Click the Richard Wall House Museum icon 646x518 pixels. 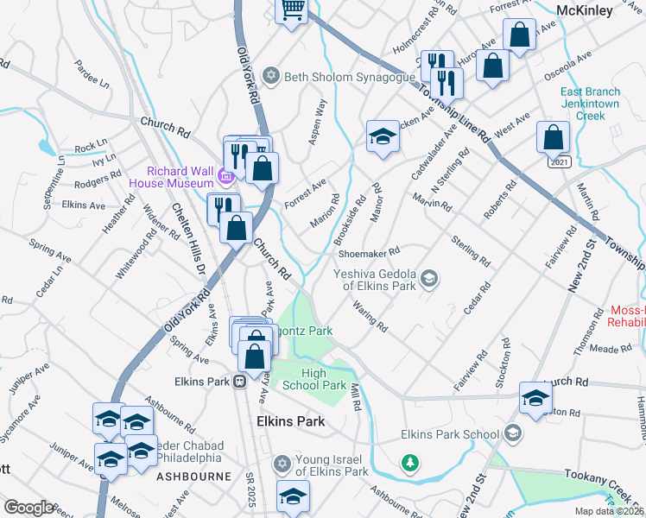tap(225, 177)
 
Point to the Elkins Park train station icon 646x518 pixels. tap(240, 382)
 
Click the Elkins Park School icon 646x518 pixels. tap(513, 432)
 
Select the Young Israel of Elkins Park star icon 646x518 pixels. tap(281, 464)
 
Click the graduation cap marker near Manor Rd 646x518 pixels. tap(383, 136)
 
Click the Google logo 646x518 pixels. tap(28, 508)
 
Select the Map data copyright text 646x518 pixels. tap(609, 511)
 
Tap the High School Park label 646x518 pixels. tap(325, 379)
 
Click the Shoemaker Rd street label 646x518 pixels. tap(369, 252)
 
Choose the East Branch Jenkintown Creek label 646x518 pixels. tap(590, 103)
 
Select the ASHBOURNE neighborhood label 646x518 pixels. tap(193, 476)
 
